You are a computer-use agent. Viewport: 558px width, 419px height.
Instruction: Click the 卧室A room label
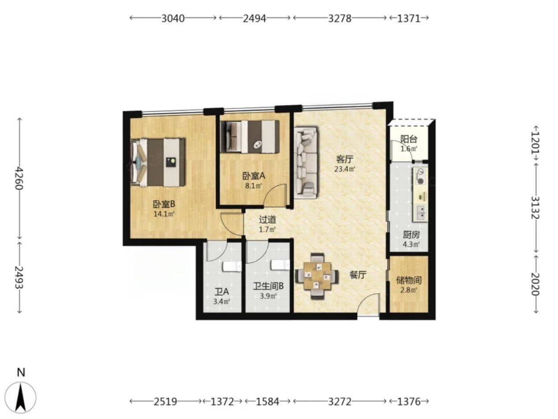[x=254, y=176]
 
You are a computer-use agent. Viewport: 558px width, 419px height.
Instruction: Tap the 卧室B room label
[x=164, y=204]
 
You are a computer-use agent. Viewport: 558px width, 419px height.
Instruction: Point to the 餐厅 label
[x=358, y=275]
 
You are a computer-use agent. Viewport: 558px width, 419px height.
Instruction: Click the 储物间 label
[x=409, y=280]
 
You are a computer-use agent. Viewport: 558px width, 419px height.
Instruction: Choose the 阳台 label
[x=409, y=139]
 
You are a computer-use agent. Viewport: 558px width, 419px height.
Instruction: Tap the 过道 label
[x=267, y=219]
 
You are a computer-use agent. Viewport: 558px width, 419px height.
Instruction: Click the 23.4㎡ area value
[x=345, y=169]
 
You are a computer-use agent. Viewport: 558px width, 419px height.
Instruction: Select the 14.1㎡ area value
[x=164, y=214]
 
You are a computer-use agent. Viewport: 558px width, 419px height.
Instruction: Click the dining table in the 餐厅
[x=317, y=276]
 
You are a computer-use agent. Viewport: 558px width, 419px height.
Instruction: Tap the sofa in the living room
[x=306, y=162]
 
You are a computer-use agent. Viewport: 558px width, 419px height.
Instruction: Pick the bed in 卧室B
[x=158, y=162]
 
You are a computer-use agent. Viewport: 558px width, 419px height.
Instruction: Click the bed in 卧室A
[x=250, y=136]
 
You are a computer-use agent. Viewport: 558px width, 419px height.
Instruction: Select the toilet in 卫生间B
[x=280, y=265]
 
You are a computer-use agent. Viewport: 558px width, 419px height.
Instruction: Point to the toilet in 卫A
[x=232, y=267]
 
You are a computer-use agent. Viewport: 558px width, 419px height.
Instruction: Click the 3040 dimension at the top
[x=173, y=18]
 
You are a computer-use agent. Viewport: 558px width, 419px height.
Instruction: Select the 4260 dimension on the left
[x=19, y=178]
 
